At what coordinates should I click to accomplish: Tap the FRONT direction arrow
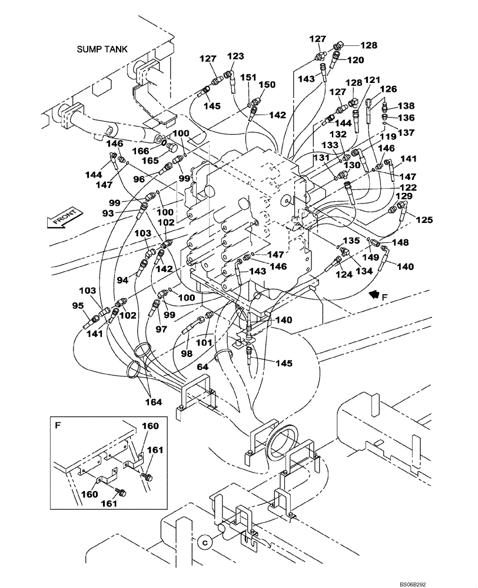(62, 221)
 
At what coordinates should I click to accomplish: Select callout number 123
(235, 56)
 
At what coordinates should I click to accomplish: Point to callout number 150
(267, 85)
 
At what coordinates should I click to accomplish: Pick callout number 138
(407, 106)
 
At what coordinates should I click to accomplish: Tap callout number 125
(424, 220)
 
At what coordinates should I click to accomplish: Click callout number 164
(156, 402)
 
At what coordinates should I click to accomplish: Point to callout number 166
(140, 151)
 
